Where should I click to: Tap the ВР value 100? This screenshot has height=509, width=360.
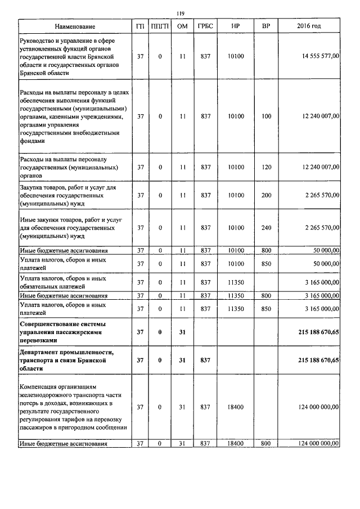tap(266, 116)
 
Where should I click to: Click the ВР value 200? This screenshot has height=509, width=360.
tap(266, 195)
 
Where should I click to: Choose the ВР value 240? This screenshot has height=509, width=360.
tap(266, 228)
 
